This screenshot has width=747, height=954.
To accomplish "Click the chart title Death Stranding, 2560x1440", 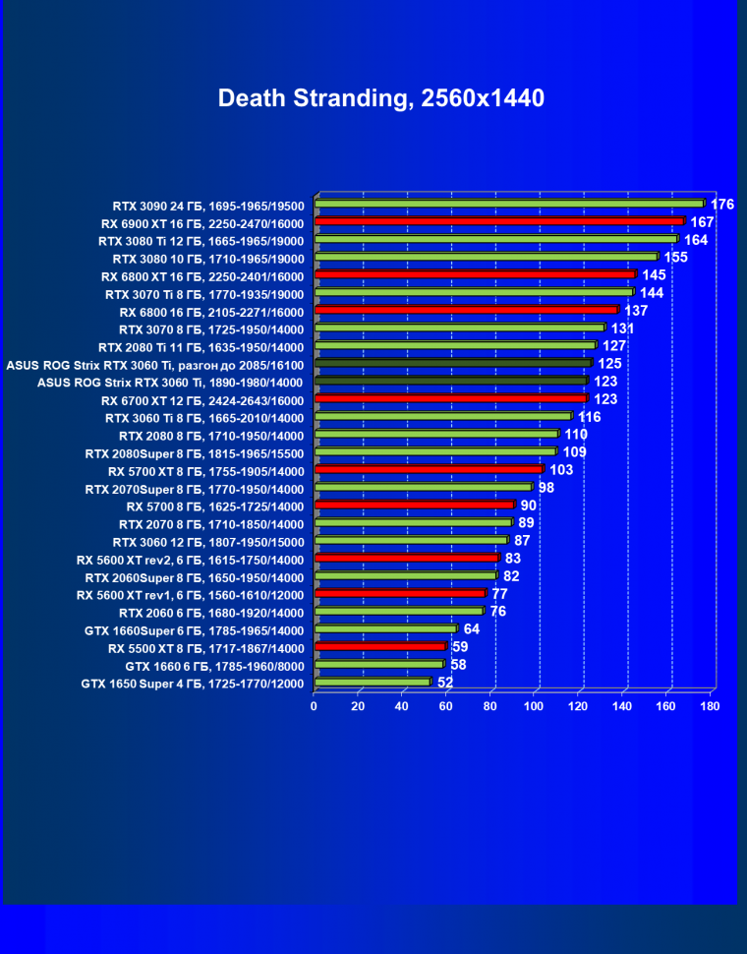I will (x=380, y=98).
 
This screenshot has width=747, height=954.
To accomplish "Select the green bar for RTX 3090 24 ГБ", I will (x=509, y=204).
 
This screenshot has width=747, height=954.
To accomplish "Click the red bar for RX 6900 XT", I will (x=499, y=221).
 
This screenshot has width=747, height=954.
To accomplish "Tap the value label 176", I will (x=722, y=205).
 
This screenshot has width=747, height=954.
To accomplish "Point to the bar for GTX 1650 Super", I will (x=373, y=682).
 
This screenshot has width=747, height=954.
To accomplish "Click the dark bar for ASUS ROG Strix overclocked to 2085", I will (x=453, y=363).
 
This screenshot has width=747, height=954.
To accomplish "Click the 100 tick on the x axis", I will (x=535, y=706).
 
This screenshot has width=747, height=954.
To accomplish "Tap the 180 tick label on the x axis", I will (x=711, y=706).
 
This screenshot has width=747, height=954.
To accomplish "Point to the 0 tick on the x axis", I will (x=315, y=706).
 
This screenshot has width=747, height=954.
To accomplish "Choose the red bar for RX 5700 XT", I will (x=429, y=469).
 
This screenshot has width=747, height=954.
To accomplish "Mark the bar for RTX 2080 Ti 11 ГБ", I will (x=455, y=345).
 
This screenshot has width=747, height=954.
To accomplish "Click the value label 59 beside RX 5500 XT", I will (x=460, y=647).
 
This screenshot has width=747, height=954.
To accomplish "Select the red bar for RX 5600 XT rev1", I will (x=400, y=593).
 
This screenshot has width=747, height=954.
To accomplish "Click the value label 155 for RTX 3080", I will (x=675, y=258).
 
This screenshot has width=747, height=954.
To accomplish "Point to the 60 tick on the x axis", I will (x=446, y=706).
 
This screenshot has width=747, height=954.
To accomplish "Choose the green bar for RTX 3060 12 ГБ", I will (x=411, y=540).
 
